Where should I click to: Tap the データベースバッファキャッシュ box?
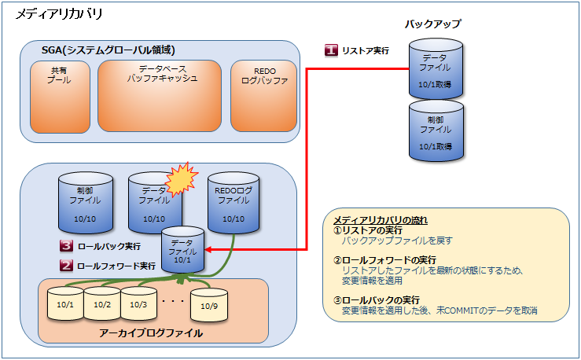click(160, 94)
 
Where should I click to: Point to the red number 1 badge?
click(332, 50)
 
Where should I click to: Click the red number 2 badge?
click(67, 266)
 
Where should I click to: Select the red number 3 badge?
click(67, 246)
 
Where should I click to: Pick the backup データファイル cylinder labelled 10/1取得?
click(434, 66)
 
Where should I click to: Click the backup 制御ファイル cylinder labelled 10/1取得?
click(434, 130)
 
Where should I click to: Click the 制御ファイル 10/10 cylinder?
click(86, 202)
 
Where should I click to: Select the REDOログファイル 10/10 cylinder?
click(234, 202)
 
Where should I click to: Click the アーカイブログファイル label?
click(151, 333)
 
